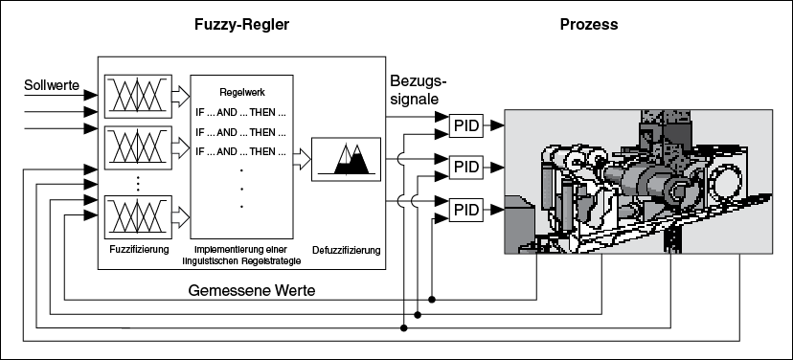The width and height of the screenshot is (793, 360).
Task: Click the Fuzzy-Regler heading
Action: click(241, 25)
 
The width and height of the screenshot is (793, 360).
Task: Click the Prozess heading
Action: click(589, 25)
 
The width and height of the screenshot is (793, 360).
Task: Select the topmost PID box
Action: click(466, 125)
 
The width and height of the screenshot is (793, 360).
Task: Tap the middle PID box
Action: click(466, 167)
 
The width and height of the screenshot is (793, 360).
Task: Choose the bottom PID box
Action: click(466, 210)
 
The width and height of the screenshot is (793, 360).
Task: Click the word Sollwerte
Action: click(52, 85)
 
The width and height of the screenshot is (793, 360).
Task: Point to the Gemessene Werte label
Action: click(252, 291)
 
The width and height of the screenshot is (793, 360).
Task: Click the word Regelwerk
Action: click(242, 93)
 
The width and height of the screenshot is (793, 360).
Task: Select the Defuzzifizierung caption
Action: click(347, 250)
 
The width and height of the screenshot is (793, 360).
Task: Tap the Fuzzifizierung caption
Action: click(139, 249)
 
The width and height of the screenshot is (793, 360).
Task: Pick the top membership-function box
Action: click(138, 96)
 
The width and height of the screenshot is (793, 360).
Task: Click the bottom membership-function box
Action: click(138, 216)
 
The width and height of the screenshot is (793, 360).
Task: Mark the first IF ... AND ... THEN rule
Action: click(240, 113)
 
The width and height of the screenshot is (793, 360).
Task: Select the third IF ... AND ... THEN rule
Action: click(240, 151)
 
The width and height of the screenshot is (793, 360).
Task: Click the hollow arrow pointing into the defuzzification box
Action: click(302, 159)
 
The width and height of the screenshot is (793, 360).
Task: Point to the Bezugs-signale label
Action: click(418, 89)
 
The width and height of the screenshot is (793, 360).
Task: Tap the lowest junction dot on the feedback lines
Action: click(403, 328)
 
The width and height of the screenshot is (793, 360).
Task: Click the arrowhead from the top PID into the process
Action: click(497, 125)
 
